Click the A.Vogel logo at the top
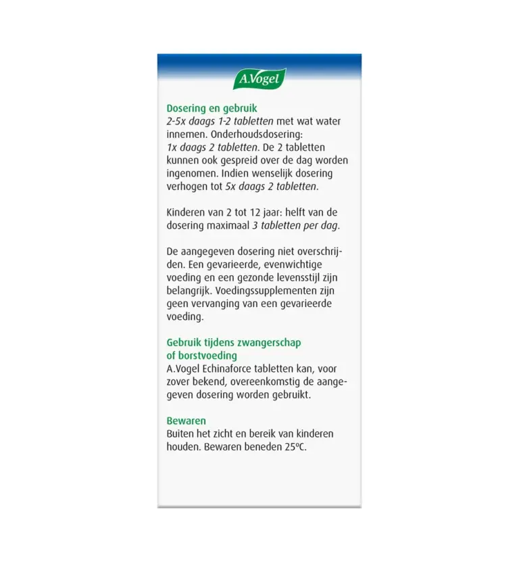[x=259, y=79]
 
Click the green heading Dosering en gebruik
[x=212, y=108]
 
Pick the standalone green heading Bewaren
[x=186, y=421]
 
